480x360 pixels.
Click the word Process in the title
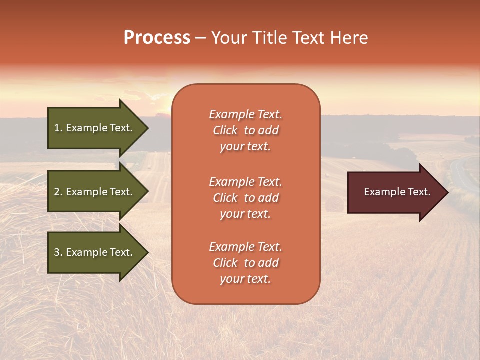click(157, 38)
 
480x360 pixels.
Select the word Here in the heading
click(349, 38)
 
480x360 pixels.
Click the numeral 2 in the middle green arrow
click(57, 192)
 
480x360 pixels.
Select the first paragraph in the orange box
click(245, 130)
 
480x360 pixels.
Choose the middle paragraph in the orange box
click(245, 198)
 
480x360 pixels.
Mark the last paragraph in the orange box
click(245, 263)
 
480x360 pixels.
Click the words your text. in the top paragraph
click(245, 147)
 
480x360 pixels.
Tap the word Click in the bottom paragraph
click(225, 263)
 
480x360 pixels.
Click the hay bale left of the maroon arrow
click(334, 204)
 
